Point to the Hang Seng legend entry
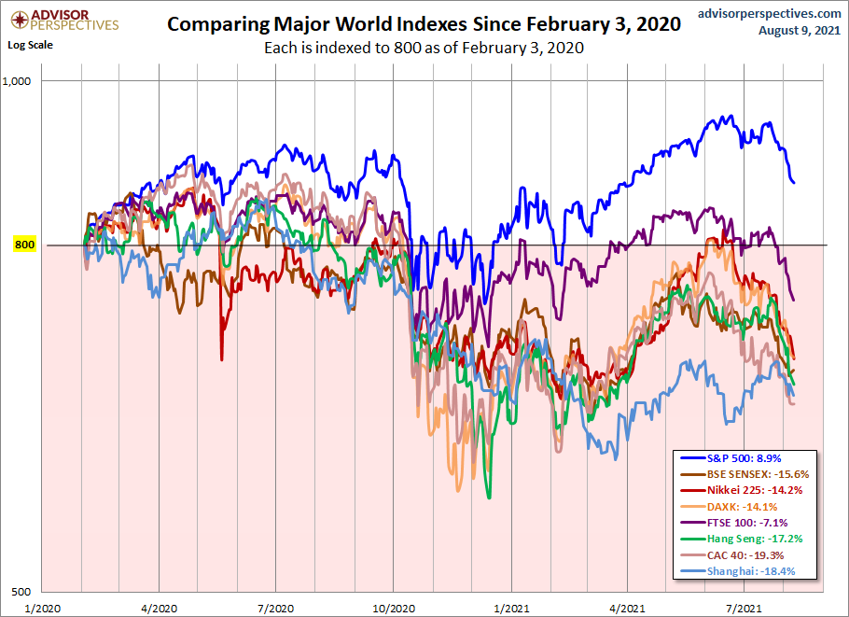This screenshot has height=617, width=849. coord(752,539)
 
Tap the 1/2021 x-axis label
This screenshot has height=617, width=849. coord(509,607)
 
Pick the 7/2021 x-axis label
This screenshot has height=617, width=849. coord(744,607)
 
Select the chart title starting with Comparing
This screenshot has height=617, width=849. coord(424,25)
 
